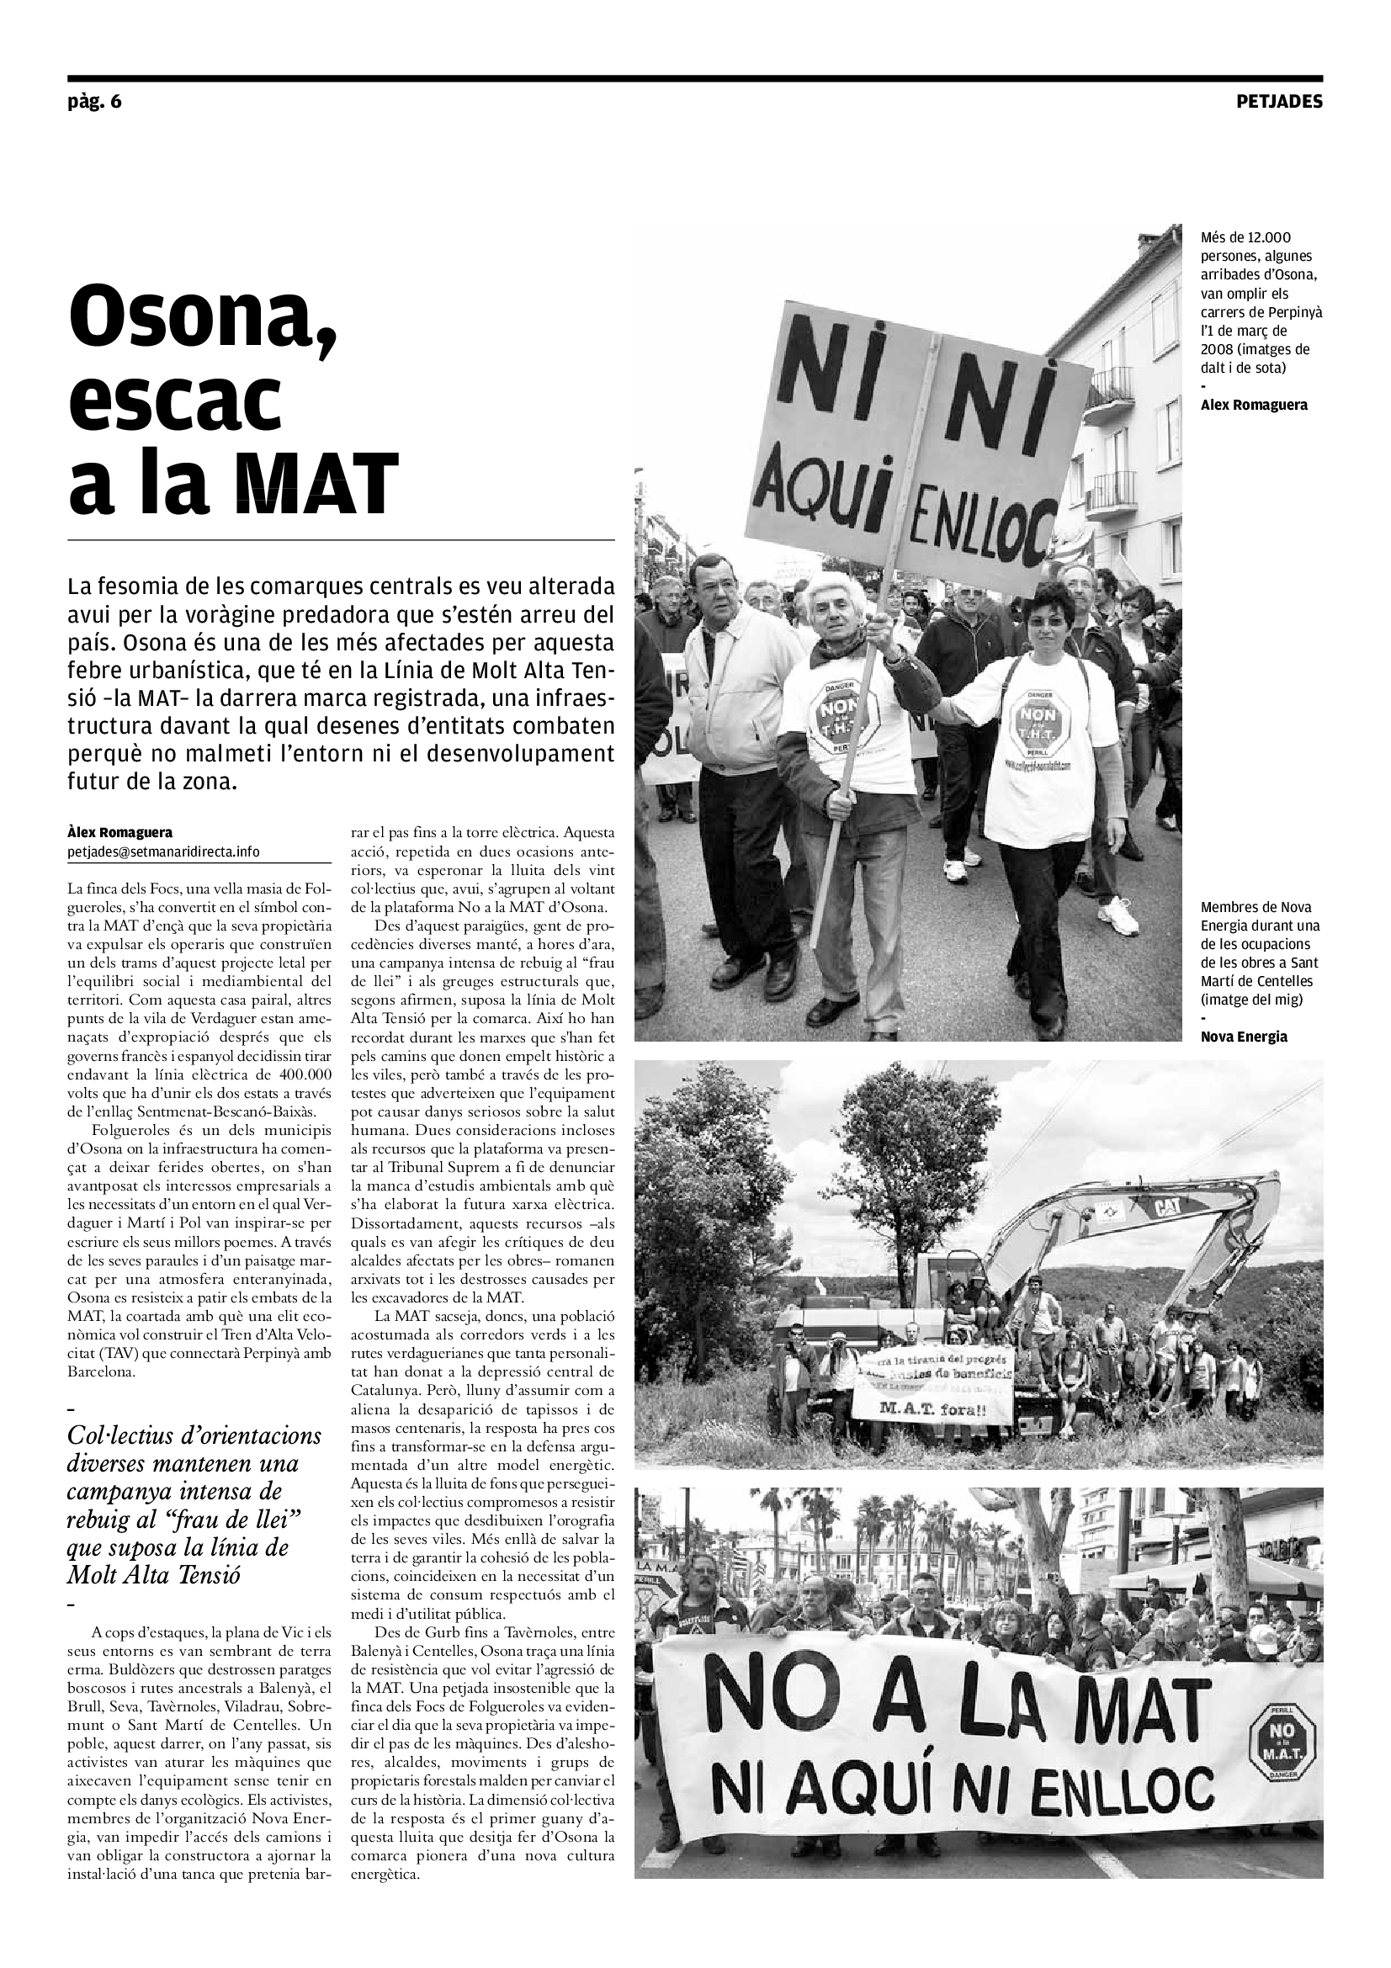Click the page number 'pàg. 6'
point(94,102)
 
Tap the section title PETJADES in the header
point(1279,102)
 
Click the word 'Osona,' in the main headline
point(202,318)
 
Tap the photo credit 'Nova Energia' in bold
point(1244,1037)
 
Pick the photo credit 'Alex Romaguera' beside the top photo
point(1254,405)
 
